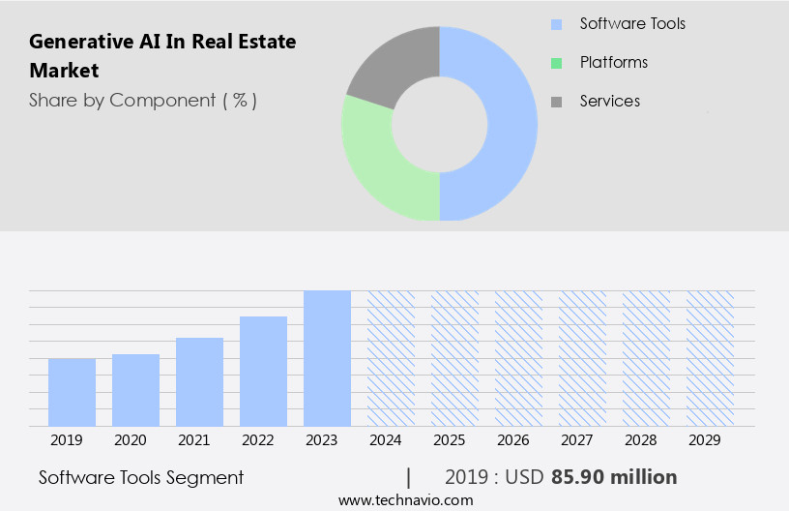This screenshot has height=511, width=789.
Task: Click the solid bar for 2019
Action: (72, 392)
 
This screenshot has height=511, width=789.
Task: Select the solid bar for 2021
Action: (199, 381)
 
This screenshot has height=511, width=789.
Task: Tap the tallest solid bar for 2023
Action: (327, 358)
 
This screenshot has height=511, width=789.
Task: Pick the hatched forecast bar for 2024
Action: (391, 358)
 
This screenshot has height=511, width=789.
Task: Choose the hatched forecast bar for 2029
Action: (710, 358)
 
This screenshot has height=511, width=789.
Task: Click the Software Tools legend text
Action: (632, 23)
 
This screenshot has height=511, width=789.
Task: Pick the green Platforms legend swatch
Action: (556, 63)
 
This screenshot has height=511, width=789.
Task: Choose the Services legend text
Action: (609, 101)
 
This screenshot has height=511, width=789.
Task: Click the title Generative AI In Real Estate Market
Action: (162, 56)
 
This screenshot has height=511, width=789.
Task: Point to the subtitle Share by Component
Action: (142, 101)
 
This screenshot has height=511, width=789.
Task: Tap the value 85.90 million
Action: (614, 477)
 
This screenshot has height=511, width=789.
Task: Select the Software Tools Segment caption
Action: (141, 477)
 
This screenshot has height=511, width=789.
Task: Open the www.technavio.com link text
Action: (406, 500)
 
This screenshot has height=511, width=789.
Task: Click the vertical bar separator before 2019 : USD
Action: (409, 477)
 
